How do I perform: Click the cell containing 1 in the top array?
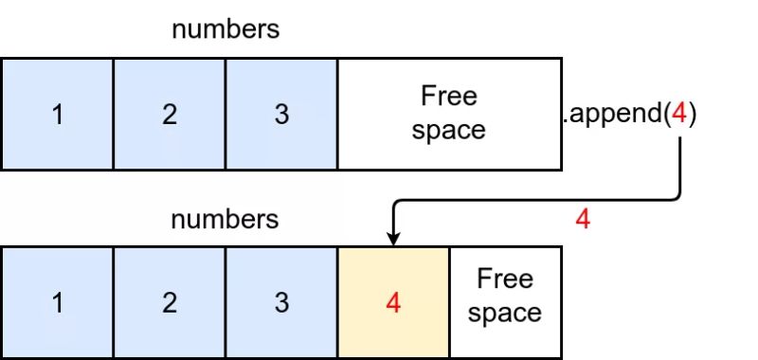(57, 115)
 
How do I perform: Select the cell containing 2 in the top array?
(170, 115)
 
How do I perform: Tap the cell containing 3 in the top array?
(281, 115)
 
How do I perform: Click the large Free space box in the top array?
(449, 115)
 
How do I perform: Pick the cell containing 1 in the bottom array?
(57, 302)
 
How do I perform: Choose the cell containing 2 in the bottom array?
(170, 302)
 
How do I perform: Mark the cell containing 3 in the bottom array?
(281, 302)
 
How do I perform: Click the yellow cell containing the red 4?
(393, 302)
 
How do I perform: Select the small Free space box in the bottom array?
(504, 302)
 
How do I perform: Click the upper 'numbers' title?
(226, 29)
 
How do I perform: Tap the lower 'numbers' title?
(226, 221)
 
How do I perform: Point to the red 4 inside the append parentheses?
(678, 115)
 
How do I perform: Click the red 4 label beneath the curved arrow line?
(583, 220)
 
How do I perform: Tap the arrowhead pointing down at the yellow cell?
(393, 239)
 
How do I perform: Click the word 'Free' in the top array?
(449, 97)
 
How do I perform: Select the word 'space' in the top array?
(449, 131)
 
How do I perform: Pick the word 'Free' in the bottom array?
(504, 279)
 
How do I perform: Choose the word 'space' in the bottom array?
(504, 314)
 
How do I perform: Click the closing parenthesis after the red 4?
(693, 116)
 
